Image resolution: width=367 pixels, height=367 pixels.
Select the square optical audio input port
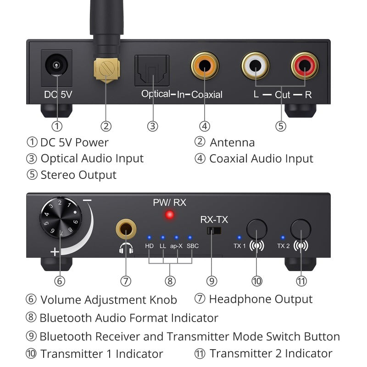(x=152, y=70)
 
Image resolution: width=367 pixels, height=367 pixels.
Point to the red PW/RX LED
(x=170, y=215)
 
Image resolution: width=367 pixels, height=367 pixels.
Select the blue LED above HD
(x=149, y=237)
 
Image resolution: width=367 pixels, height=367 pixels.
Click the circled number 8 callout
(x=170, y=280)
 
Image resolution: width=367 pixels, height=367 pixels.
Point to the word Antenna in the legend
(x=232, y=143)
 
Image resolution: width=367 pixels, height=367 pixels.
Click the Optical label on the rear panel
(x=156, y=94)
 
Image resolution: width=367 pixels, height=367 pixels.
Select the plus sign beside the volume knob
(x=55, y=251)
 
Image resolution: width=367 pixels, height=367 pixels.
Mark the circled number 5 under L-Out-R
(x=281, y=125)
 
